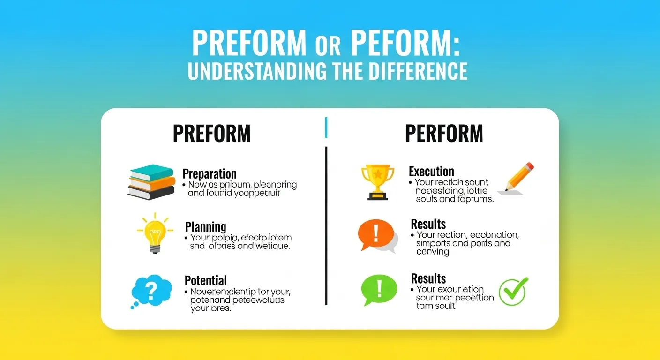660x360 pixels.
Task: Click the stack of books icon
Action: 150,181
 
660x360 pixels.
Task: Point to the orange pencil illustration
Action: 516,178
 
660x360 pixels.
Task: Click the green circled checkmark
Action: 513,291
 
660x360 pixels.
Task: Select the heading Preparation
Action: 209,174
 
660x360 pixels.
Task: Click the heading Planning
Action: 205,227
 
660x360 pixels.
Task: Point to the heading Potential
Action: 205,281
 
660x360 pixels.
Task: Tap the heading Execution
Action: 431,171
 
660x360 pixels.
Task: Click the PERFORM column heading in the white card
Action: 443,134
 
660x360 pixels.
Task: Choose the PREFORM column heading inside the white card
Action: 211,134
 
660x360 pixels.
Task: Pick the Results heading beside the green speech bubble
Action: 428,278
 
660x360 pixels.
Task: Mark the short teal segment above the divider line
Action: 326,127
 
